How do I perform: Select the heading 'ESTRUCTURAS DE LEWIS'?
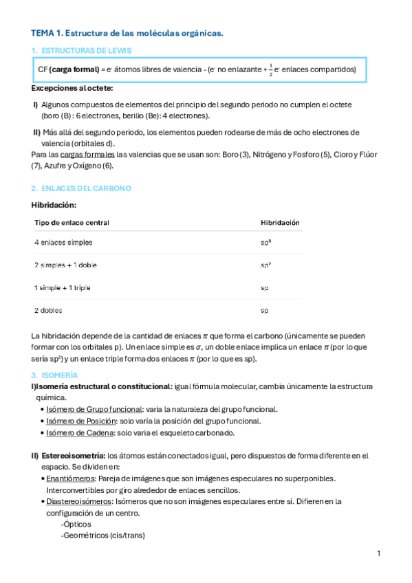click(x=86, y=51)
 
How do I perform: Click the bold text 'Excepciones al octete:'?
click(x=72, y=88)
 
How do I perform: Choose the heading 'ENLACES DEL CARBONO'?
click(x=86, y=188)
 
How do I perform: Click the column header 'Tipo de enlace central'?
click(x=72, y=223)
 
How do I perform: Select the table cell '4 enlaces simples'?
click(x=63, y=243)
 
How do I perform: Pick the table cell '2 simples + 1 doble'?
click(x=66, y=265)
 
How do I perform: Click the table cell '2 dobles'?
click(x=49, y=310)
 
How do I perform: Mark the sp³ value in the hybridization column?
click(x=265, y=243)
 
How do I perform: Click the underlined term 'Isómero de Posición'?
click(x=80, y=421)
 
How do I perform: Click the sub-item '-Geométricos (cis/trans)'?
click(x=102, y=536)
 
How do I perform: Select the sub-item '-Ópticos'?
click(x=76, y=524)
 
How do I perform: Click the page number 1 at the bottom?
click(x=378, y=553)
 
